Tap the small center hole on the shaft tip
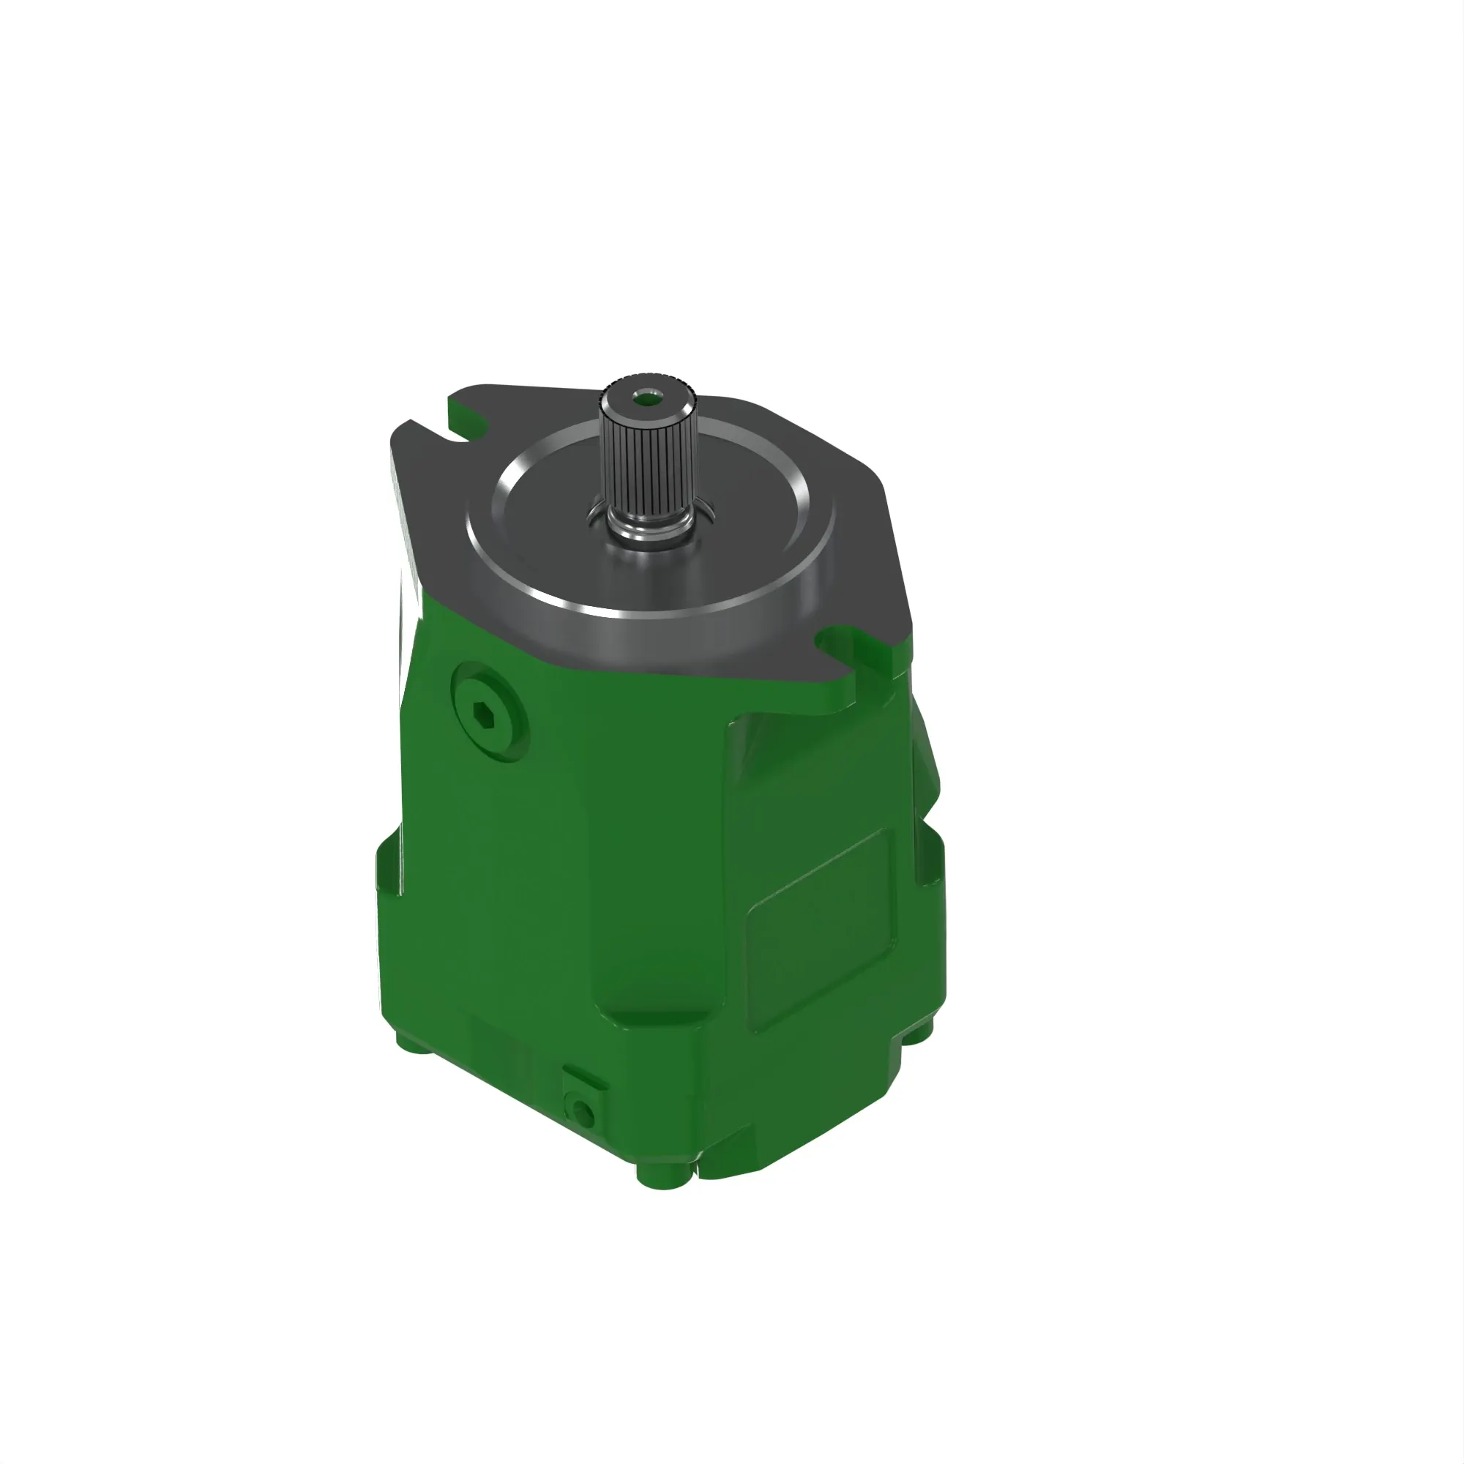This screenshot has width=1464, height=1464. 646,396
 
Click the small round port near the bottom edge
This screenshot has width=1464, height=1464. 582,1111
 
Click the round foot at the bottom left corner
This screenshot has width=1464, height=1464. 409,1041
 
